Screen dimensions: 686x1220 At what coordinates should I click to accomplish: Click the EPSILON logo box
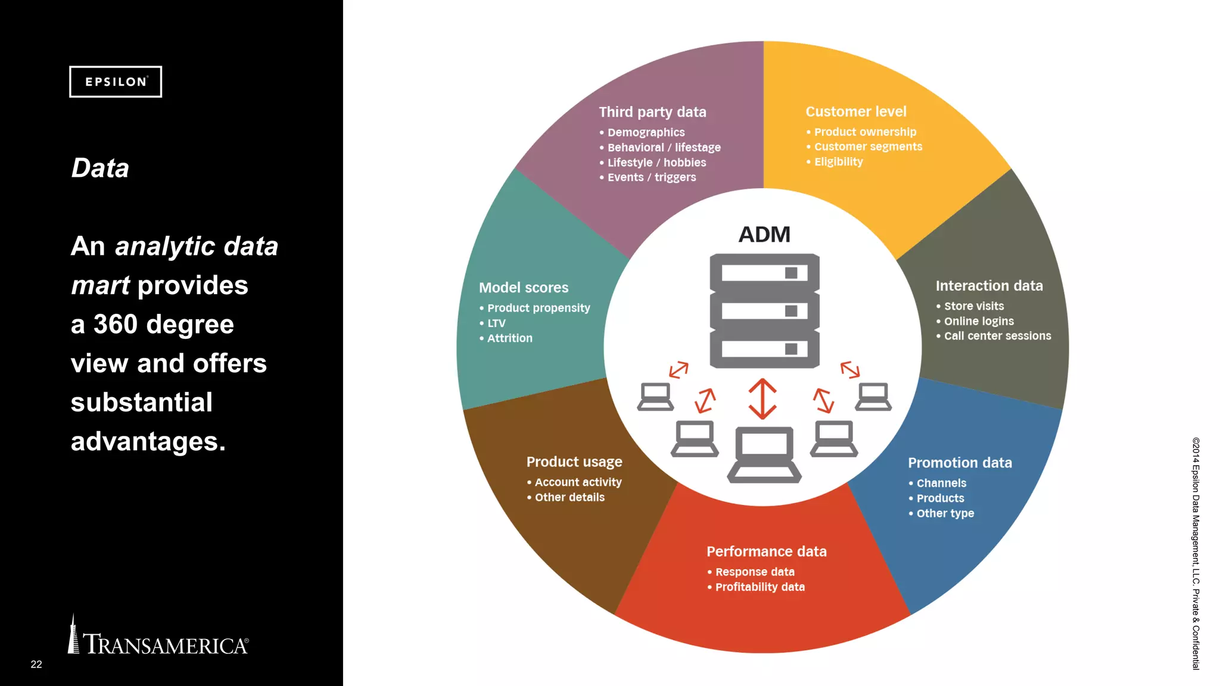point(116,82)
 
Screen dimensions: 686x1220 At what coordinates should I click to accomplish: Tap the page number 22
point(36,664)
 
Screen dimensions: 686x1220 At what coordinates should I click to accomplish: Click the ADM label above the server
point(764,235)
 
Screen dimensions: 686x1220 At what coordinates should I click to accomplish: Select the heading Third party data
point(652,112)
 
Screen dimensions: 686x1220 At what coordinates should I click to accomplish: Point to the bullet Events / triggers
point(651,177)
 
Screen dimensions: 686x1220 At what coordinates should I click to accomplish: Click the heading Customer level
point(855,111)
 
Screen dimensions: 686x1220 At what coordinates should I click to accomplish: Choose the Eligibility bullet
point(838,162)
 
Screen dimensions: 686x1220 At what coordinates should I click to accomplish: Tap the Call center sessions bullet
point(997,336)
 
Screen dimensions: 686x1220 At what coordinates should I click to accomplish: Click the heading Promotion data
point(960,463)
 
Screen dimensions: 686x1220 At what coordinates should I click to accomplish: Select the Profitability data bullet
point(760,587)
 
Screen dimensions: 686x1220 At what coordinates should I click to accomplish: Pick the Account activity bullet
point(578,482)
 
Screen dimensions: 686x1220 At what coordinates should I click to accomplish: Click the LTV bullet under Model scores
point(496,323)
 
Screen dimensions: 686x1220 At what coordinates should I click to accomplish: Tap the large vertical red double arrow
point(762,398)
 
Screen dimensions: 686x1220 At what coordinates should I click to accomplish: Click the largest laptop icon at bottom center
point(764,454)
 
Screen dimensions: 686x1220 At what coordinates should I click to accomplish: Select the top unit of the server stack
point(764,273)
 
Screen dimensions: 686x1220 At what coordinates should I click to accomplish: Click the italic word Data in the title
point(100,168)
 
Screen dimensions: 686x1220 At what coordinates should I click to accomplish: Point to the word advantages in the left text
point(148,442)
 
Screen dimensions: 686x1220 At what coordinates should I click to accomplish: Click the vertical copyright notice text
point(1196,554)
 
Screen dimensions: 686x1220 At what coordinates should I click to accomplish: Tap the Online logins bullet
point(978,321)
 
